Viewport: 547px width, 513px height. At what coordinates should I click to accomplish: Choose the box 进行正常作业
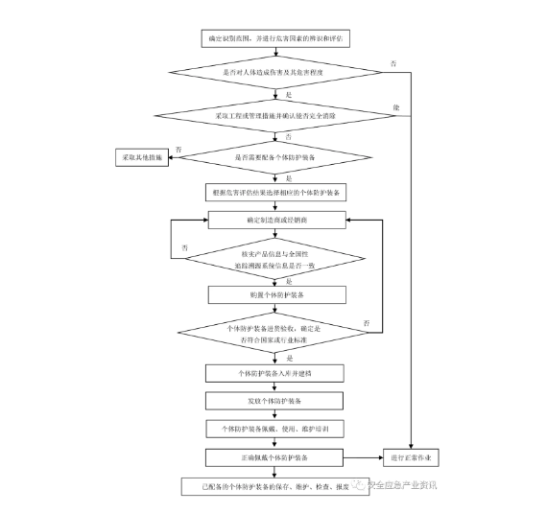pos(412,457)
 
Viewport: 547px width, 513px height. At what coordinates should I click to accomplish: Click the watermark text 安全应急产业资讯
pos(403,485)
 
